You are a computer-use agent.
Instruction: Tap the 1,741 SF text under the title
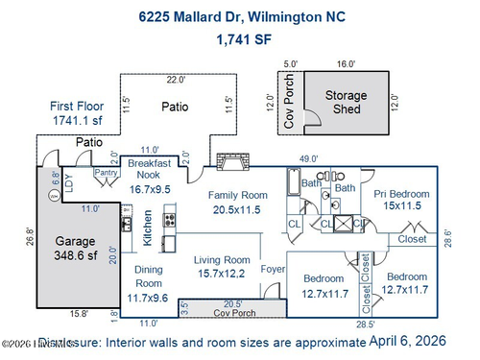click(x=239, y=39)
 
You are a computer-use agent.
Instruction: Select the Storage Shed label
click(x=347, y=103)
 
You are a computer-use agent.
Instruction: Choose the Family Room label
click(x=238, y=202)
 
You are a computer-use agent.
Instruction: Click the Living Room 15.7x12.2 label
click(x=223, y=267)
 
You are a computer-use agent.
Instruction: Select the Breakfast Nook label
click(x=149, y=176)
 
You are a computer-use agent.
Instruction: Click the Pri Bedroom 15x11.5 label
click(x=402, y=200)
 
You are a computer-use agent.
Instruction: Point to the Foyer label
click(x=274, y=270)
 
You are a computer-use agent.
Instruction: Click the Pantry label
click(x=105, y=173)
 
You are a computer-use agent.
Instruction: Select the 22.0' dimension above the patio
click(x=176, y=80)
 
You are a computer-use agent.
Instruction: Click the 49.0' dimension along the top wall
click(x=309, y=158)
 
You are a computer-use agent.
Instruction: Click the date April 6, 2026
click(x=421, y=340)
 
